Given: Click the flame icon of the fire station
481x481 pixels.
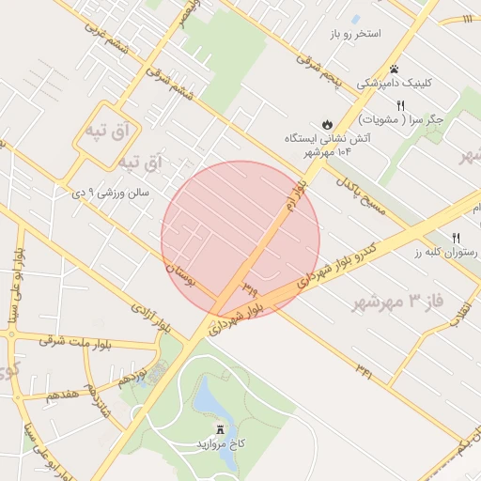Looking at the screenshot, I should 327,124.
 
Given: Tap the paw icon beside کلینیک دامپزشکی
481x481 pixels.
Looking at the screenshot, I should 394,69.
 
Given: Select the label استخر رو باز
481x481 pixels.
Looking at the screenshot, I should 355,34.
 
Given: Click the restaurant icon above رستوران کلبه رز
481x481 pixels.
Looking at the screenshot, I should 456,237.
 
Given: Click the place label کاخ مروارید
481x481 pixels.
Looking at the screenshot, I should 221,442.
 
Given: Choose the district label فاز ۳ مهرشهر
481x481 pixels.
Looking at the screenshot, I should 391,303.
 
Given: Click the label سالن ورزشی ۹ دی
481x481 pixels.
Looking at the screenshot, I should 111,193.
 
